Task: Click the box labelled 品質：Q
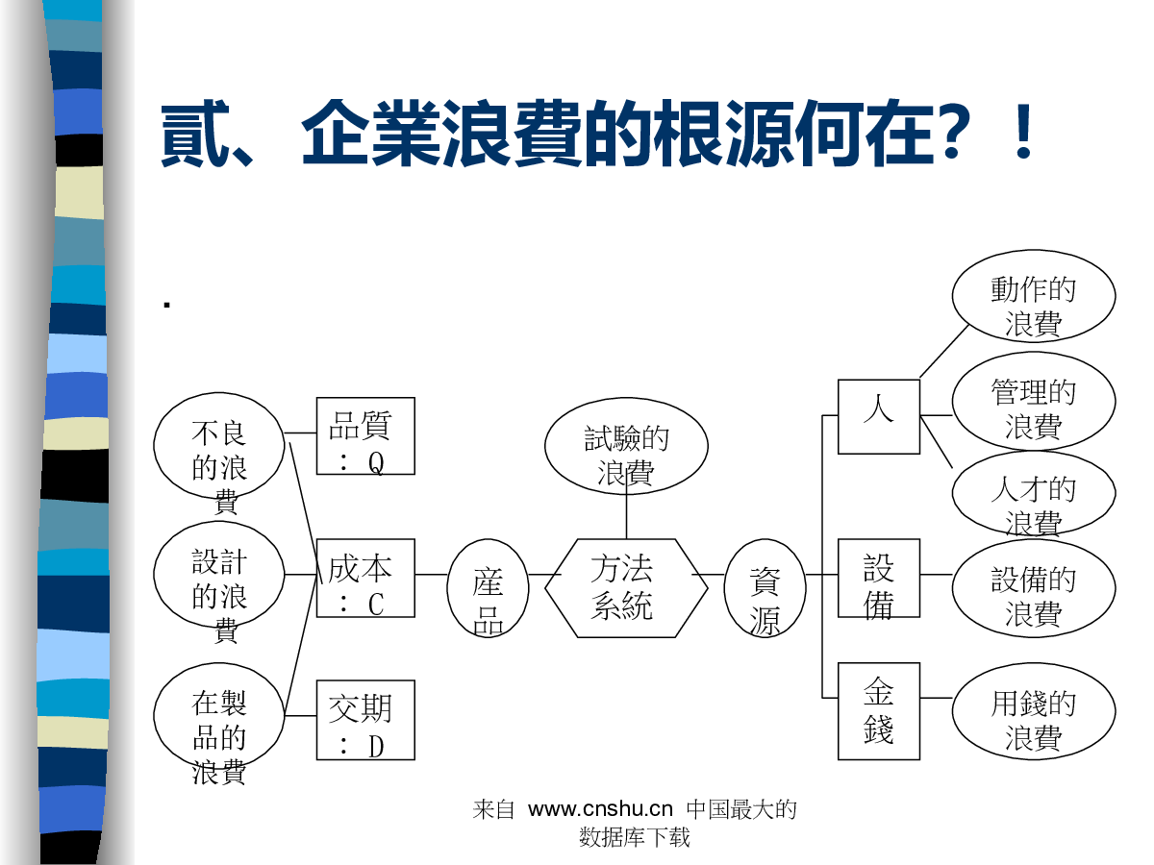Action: click(x=365, y=435)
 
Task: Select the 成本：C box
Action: click(x=365, y=578)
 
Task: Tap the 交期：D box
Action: click(x=365, y=720)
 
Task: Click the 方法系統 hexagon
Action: click(x=625, y=587)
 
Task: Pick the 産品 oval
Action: click(x=489, y=588)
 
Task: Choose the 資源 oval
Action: click(x=765, y=588)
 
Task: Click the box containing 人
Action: click(x=879, y=416)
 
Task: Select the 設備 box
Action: click(x=879, y=578)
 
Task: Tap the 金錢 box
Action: click(x=879, y=711)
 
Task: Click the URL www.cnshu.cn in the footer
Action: click(x=600, y=809)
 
